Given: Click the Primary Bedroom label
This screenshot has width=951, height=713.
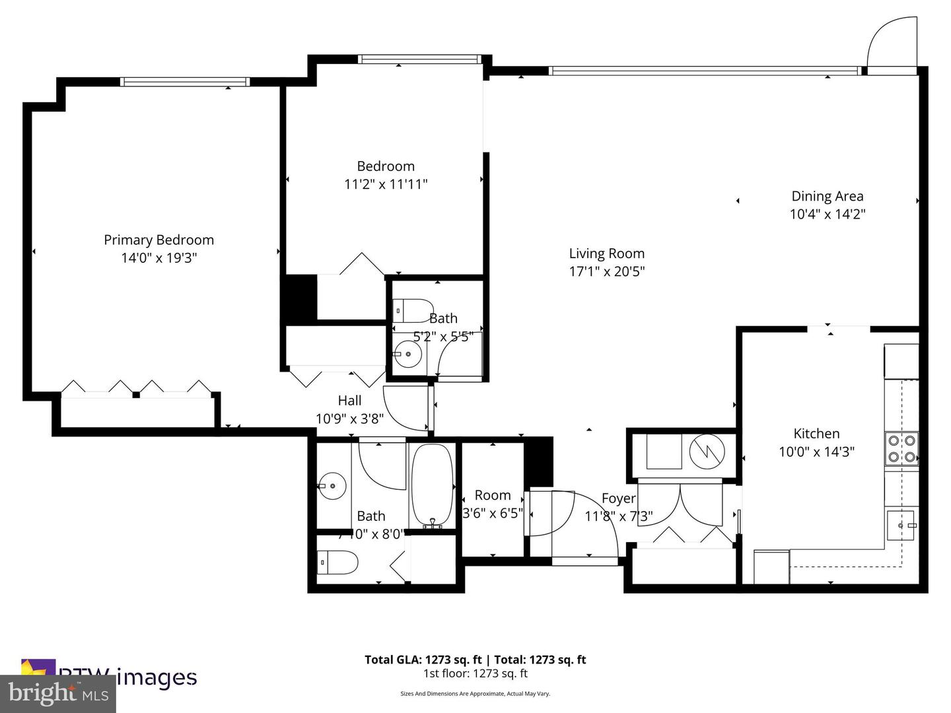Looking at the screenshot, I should tap(158, 240).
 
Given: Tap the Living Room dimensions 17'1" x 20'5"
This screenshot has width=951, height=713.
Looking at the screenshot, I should tap(606, 271).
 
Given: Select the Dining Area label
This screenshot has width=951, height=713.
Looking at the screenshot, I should tap(827, 196).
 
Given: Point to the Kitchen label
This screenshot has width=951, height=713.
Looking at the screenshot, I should tap(816, 434).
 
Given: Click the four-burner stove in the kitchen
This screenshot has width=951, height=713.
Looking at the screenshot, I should tap(901, 448).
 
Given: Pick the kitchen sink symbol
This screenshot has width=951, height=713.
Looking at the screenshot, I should tap(901, 526).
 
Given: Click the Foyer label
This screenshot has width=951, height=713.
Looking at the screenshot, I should tap(618, 499).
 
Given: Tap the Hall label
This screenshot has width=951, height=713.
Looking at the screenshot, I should tap(349, 401).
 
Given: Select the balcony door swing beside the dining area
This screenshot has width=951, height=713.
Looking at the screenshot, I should tap(892, 42).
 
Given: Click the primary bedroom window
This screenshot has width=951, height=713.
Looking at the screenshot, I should tap(184, 83).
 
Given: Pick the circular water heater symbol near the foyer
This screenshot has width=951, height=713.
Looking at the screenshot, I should tap(707, 452).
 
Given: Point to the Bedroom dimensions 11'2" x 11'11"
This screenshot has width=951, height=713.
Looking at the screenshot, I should tap(386, 184).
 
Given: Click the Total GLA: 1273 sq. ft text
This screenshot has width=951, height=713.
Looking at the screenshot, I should tap(423, 660).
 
